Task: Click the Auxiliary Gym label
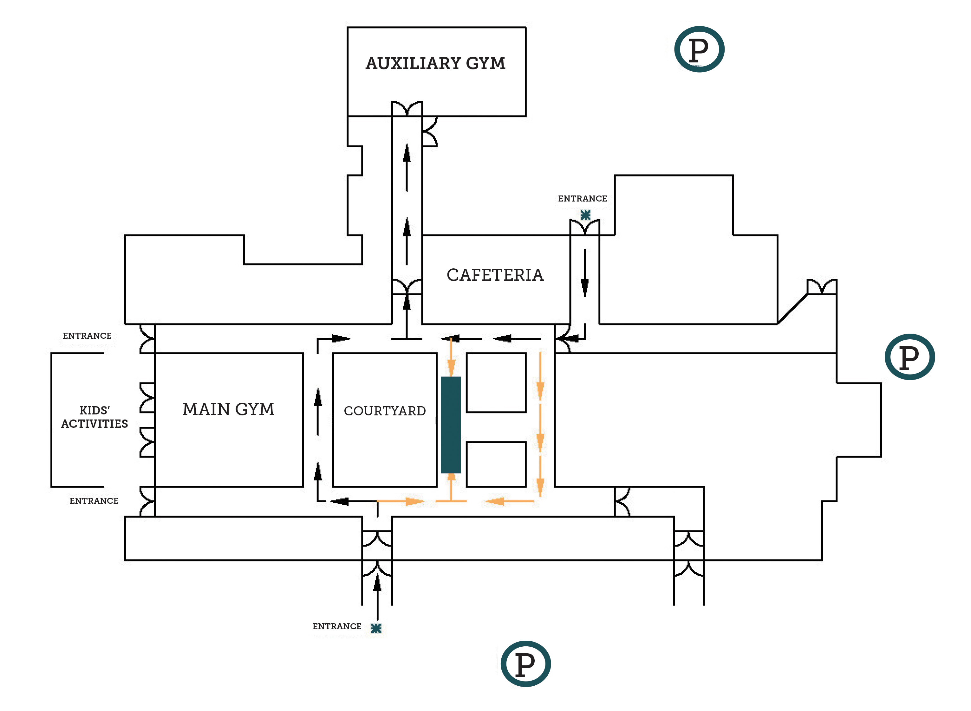coord(435,63)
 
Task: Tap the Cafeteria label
coord(495,275)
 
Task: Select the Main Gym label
coord(228,409)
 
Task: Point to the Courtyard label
coord(385,411)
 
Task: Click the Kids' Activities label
coord(94,417)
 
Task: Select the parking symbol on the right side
coord(909,357)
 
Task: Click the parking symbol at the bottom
coord(525,664)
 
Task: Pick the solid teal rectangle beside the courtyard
coord(451,425)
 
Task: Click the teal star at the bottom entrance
coord(376,628)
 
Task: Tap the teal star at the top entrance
coord(585,215)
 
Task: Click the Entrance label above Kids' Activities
coord(87,336)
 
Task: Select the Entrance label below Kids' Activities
coord(94,501)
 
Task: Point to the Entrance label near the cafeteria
coord(583,198)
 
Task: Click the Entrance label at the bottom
coord(337,626)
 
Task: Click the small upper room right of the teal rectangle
coord(496,383)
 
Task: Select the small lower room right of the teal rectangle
coord(496,464)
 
